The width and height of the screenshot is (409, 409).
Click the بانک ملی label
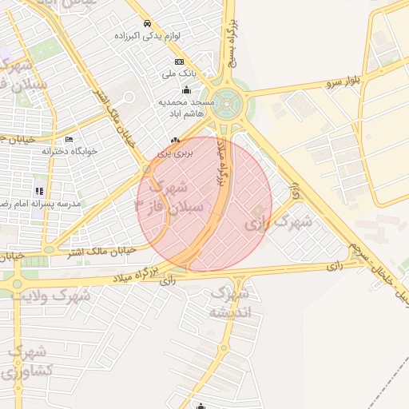[179, 74]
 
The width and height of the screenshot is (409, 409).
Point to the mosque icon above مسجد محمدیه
[187, 89]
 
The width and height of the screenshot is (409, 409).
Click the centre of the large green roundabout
[230, 104]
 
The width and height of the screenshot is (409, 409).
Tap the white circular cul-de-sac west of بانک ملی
[129, 97]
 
